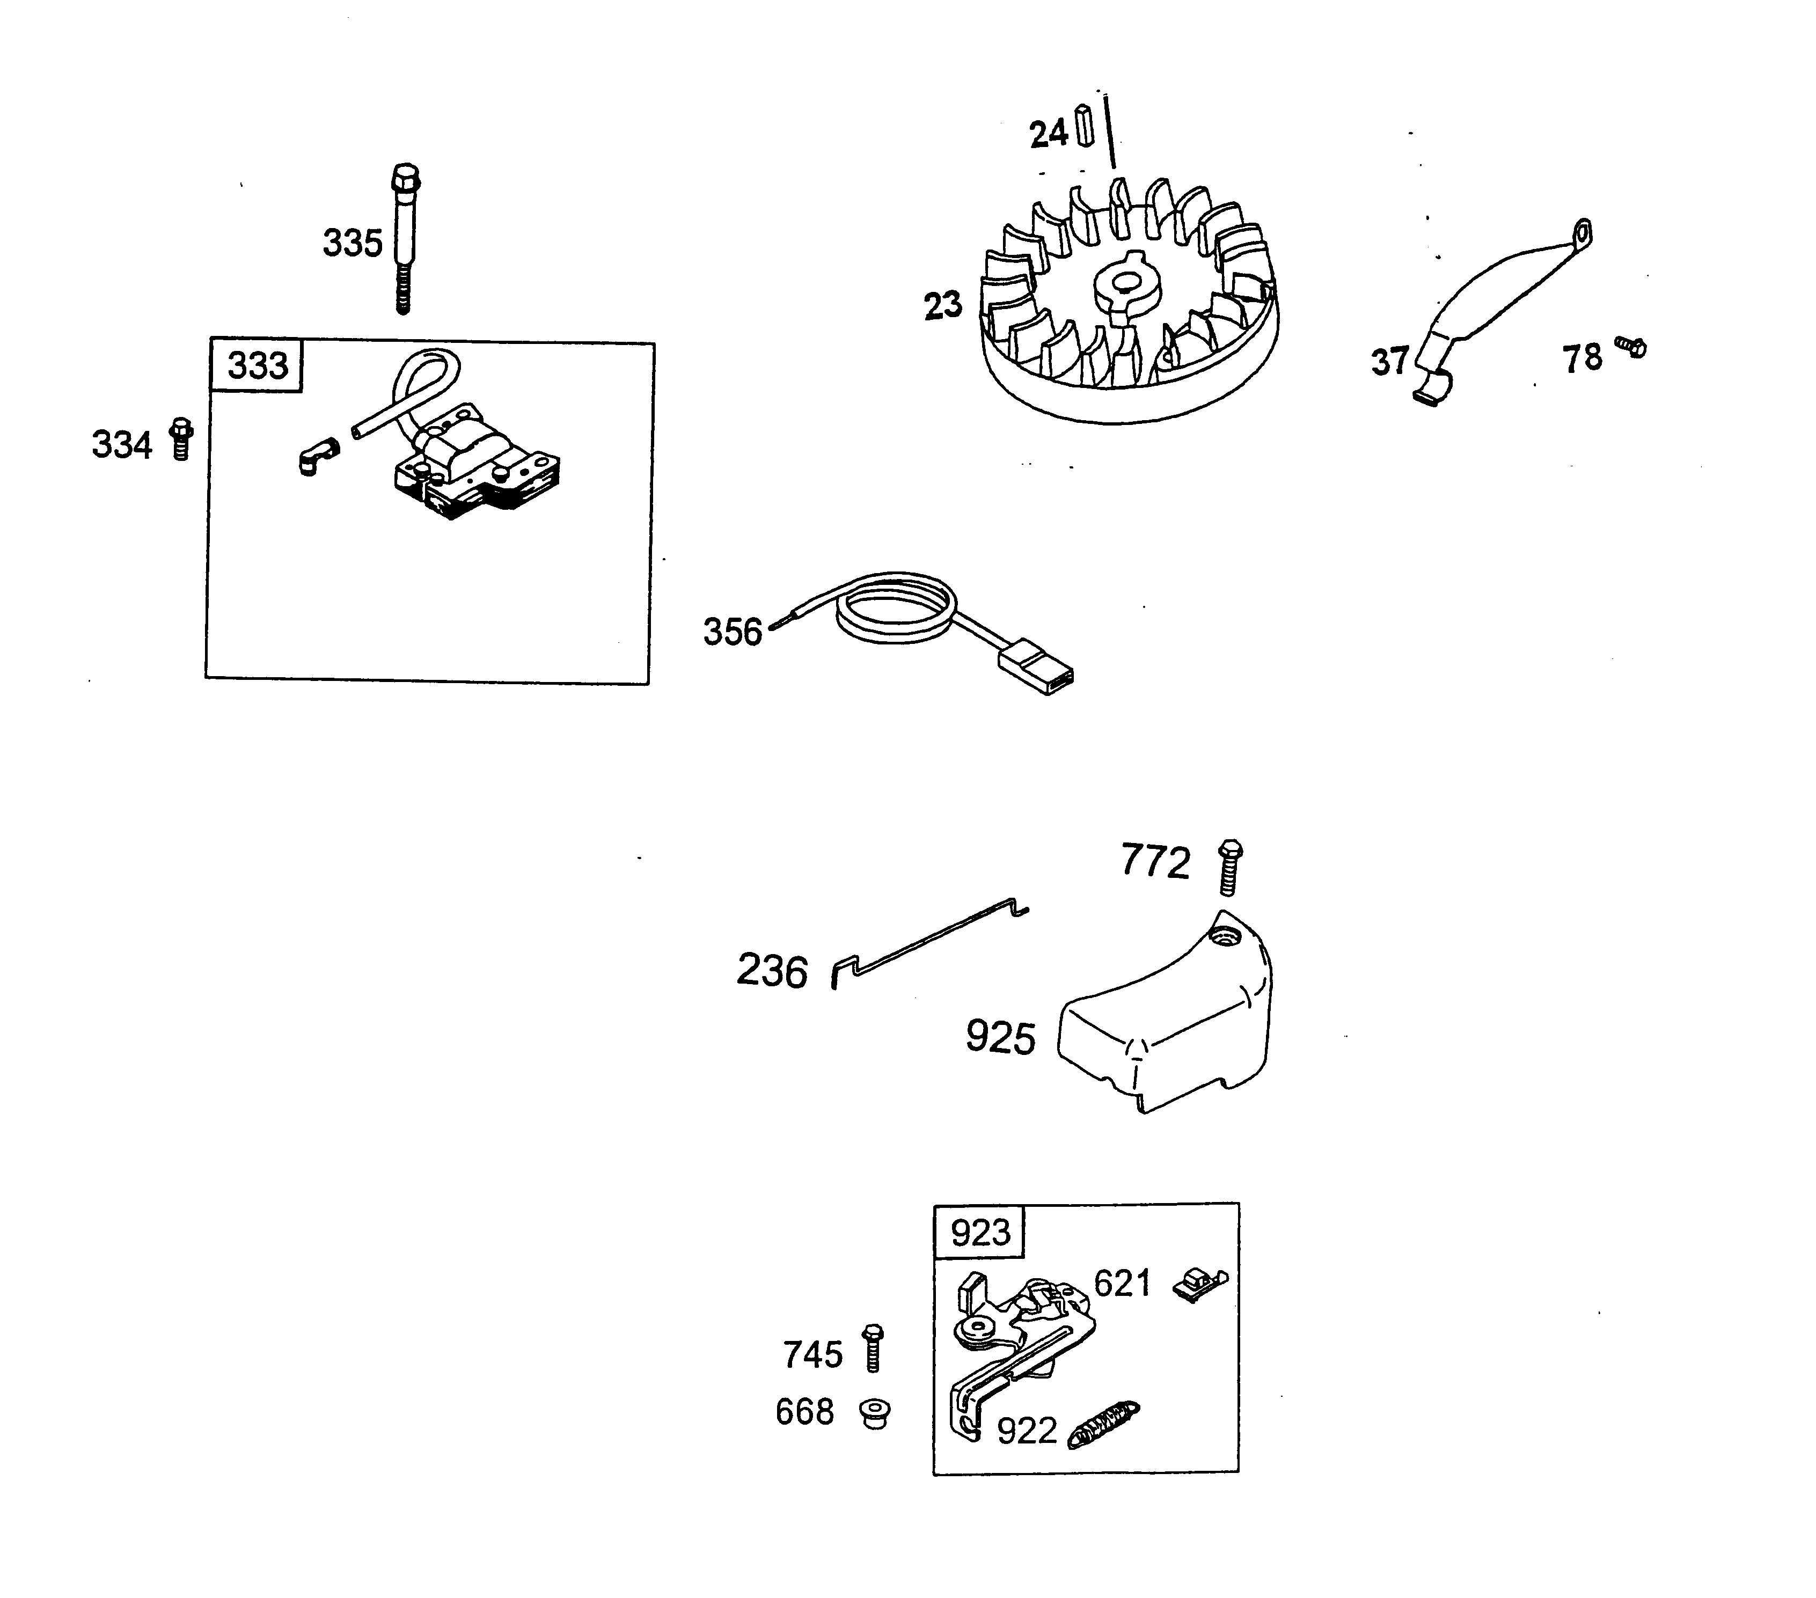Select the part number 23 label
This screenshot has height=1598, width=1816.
[943, 305]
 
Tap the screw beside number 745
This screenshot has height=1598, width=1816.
[873, 1348]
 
